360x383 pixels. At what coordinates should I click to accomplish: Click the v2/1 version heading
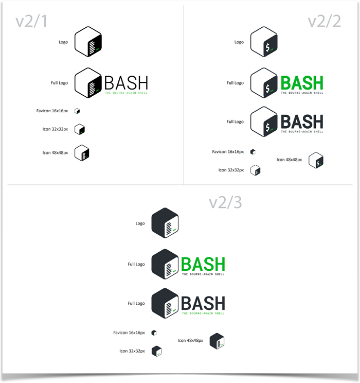[x=32, y=22]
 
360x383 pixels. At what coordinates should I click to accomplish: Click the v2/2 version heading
[x=324, y=22]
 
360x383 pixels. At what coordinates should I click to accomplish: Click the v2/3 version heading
[x=225, y=202]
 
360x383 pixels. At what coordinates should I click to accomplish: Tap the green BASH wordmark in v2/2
[x=302, y=82]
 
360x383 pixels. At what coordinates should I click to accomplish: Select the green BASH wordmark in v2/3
[x=203, y=264]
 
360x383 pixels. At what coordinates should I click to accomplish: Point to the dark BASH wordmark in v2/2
[x=302, y=121]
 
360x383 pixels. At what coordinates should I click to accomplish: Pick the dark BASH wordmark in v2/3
[x=203, y=303]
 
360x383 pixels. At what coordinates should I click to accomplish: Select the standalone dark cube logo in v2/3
[x=165, y=223]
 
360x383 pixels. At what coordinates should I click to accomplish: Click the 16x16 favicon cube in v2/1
[x=77, y=111]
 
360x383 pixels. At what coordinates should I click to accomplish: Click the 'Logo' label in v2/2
[x=239, y=42]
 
